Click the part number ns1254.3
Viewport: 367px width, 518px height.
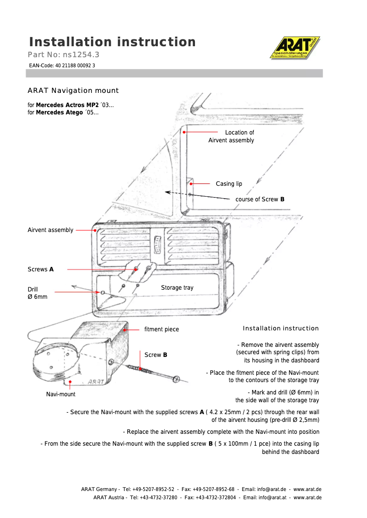(81, 55)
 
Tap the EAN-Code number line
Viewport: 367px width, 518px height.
(62, 65)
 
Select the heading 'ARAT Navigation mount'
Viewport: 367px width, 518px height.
(73, 91)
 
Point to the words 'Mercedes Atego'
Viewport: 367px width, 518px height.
(59, 113)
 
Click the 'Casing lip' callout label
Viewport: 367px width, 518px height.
(229, 184)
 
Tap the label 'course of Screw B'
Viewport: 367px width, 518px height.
(259, 200)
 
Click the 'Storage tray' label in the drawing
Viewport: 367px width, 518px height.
(177, 288)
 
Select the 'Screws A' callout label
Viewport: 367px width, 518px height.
(41, 270)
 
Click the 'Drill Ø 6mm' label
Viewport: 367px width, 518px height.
(37, 293)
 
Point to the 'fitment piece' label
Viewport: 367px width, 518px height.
(162, 329)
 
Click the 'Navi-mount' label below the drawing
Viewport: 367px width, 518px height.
(61, 394)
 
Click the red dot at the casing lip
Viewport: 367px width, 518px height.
(191, 184)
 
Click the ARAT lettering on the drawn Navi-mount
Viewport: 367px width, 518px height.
(96, 381)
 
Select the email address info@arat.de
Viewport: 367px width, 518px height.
(270, 490)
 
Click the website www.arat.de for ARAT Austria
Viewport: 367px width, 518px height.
(307, 497)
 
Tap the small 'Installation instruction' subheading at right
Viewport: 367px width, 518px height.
(281, 329)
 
